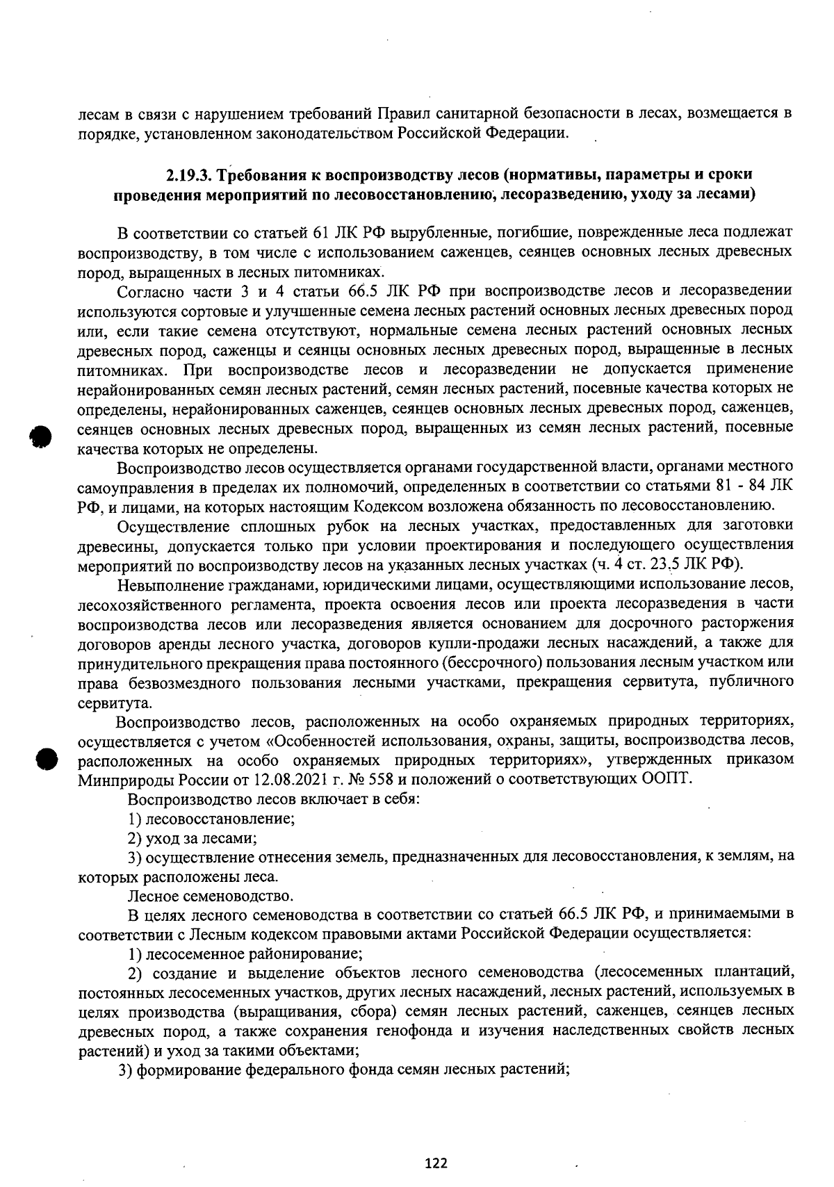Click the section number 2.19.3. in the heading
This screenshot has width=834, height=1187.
click(x=193, y=174)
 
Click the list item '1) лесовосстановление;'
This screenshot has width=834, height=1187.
click(x=212, y=819)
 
